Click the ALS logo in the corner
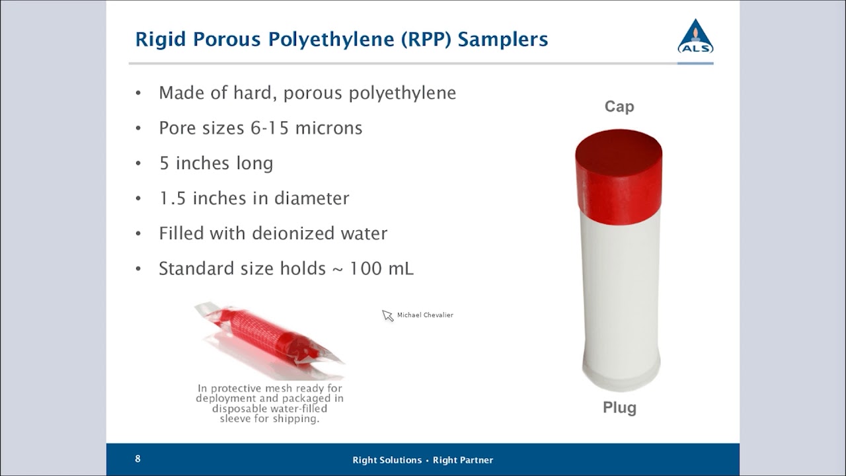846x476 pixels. [695, 37]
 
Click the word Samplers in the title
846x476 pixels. [503, 40]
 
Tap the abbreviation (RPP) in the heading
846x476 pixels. [426, 40]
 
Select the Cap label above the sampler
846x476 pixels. [619, 106]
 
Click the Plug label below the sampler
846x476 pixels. [619, 408]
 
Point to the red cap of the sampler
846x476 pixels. [619, 169]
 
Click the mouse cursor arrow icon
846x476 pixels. [387, 315]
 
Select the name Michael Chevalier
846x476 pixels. [425, 315]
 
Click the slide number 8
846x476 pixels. [137, 459]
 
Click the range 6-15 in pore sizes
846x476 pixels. [270, 128]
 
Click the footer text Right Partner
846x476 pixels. [463, 460]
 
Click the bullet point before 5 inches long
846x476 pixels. [138, 163]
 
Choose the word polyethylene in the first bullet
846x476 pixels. [403, 93]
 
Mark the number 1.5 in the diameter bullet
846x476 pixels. [171, 198]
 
